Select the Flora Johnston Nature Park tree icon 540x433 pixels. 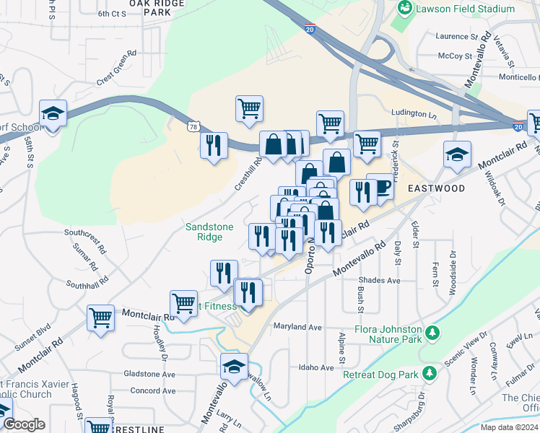click(432, 333)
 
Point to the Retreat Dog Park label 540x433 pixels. click(381, 375)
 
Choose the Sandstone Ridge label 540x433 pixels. click(209, 232)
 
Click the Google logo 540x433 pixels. click(24, 424)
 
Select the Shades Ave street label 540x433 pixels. click(383, 280)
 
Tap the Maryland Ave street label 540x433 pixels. click(297, 327)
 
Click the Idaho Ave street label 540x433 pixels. click(316, 367)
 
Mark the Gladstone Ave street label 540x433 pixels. click(149, 375)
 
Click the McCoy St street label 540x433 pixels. click(455, 56)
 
